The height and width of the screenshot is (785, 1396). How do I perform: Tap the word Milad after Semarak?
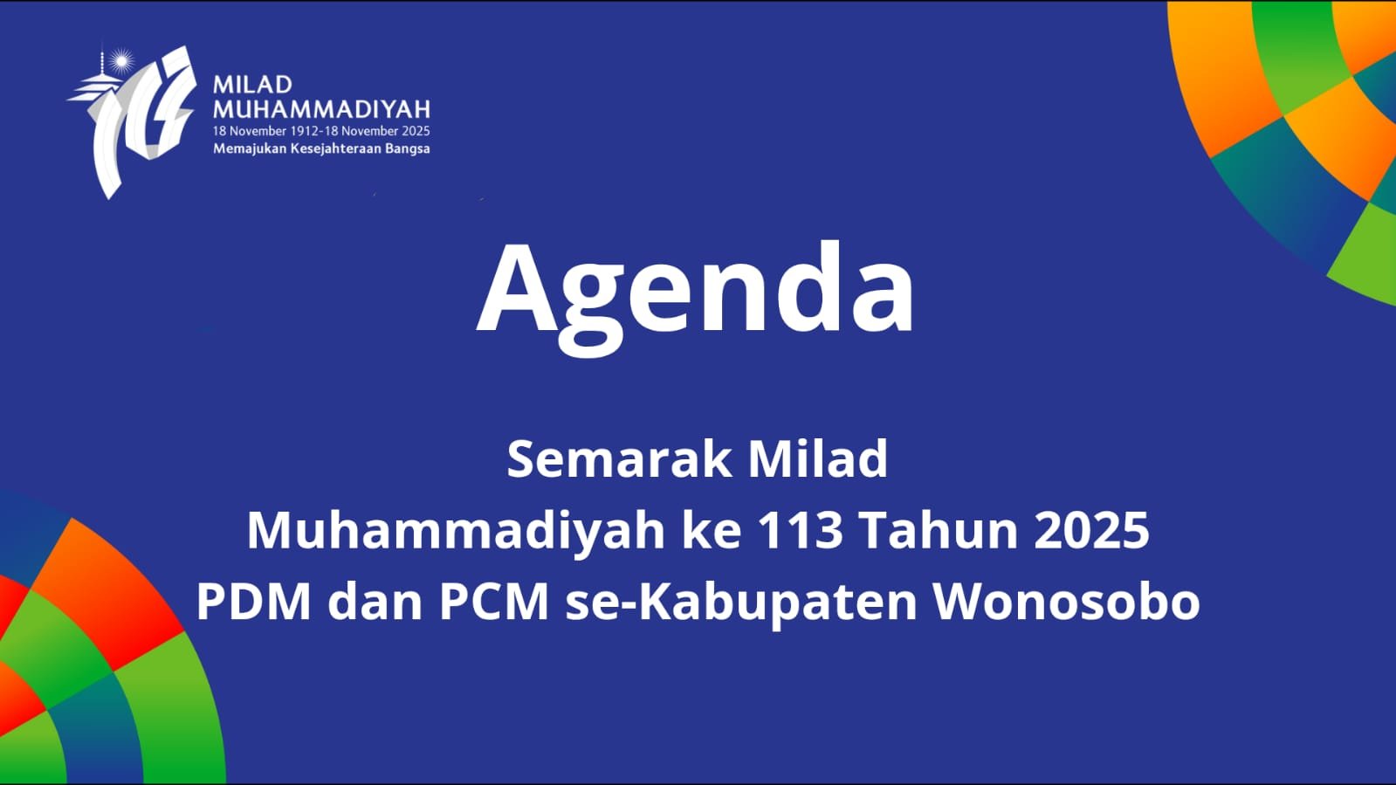pos(817,459)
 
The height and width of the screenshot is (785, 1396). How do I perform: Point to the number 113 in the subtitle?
pos(800,530)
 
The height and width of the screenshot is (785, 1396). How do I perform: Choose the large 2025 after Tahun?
pos(1091,530)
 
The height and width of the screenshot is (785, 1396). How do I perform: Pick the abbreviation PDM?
pos(253,602)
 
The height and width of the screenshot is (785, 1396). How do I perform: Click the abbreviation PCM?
pos(494,602)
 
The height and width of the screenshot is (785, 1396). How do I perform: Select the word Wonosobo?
pos(1066,602)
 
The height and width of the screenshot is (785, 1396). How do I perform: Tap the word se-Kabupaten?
pos(741,602)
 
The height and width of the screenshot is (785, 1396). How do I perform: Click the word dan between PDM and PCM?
pos(375,602)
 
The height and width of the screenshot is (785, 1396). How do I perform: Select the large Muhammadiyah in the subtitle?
pos(456,530)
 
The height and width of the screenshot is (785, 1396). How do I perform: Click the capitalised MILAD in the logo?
pos(252,85)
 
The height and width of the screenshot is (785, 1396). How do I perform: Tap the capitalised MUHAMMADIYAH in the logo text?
pos(321,109)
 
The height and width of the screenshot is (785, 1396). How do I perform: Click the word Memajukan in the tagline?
pos(250,148)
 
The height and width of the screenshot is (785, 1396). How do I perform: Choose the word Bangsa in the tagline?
pos(408,148)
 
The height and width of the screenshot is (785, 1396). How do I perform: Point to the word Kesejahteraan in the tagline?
pos(336,148)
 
